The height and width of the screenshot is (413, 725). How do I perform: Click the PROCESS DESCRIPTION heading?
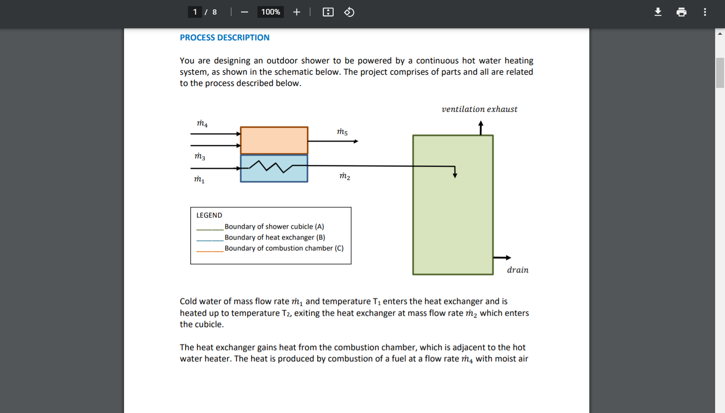click(x=224, y=38)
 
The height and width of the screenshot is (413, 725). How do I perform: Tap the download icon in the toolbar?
click(x=658, y=12)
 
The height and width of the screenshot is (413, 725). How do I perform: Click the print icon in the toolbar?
click(x=681, y=12)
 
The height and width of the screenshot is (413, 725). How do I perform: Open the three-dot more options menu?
click(x=705, y=12)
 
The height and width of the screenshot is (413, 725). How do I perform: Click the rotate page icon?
click(x=349, y=12)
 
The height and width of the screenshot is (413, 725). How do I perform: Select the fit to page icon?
click(x=328, y=12)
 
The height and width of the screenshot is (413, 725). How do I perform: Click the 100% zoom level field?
click(x=271, y=12)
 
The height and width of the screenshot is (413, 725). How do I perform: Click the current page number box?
click(x=195, y=12)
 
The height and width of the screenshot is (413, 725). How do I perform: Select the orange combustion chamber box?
click(x=274, y=140)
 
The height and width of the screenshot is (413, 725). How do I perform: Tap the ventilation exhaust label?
click(x=479, y=109)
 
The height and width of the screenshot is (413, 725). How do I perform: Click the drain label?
click(x=517, y=270)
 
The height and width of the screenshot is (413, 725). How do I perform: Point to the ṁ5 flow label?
click(x=342, y=132)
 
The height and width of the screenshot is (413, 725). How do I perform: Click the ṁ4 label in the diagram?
click(x=202, y=123)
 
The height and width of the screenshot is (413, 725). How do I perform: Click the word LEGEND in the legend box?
click(x=209, y=215)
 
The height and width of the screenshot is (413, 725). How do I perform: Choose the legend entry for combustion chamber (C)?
click(x=283, y=248)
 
